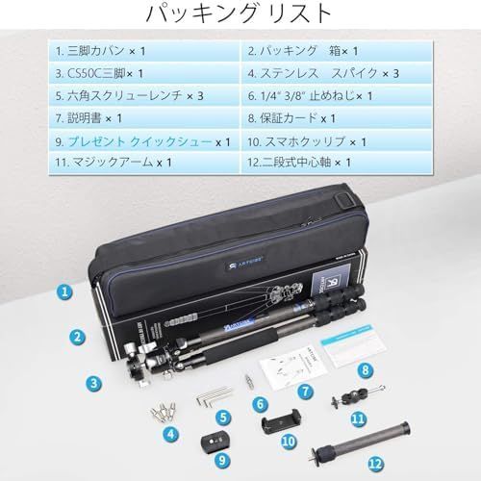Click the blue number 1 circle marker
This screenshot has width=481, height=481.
point(65,291)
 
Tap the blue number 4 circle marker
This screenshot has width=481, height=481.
point(171,435)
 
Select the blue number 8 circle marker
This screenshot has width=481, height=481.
point(366,370)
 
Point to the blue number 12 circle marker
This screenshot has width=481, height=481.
point(376,464)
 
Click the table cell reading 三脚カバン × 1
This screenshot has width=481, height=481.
point(144,51)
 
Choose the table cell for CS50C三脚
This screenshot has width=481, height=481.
point(144,73)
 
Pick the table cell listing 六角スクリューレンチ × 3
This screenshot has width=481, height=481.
point(144,96)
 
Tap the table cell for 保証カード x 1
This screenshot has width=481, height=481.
point(337,118)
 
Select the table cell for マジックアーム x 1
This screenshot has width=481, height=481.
point(144,163)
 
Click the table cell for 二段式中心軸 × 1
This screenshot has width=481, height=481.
point(337,163)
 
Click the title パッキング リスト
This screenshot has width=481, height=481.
point(239,14)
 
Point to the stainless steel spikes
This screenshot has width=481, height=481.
point(164,412)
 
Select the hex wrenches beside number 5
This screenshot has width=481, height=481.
point(214,395)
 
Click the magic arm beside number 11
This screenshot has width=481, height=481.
point(357,396)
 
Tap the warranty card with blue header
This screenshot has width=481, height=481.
point(354,345)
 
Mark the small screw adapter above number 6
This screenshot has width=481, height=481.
point(248,381)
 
